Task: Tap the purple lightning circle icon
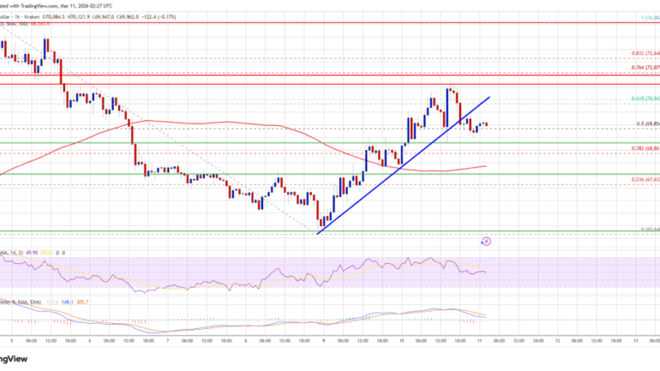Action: pyautogui.click(x=486, y=242)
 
